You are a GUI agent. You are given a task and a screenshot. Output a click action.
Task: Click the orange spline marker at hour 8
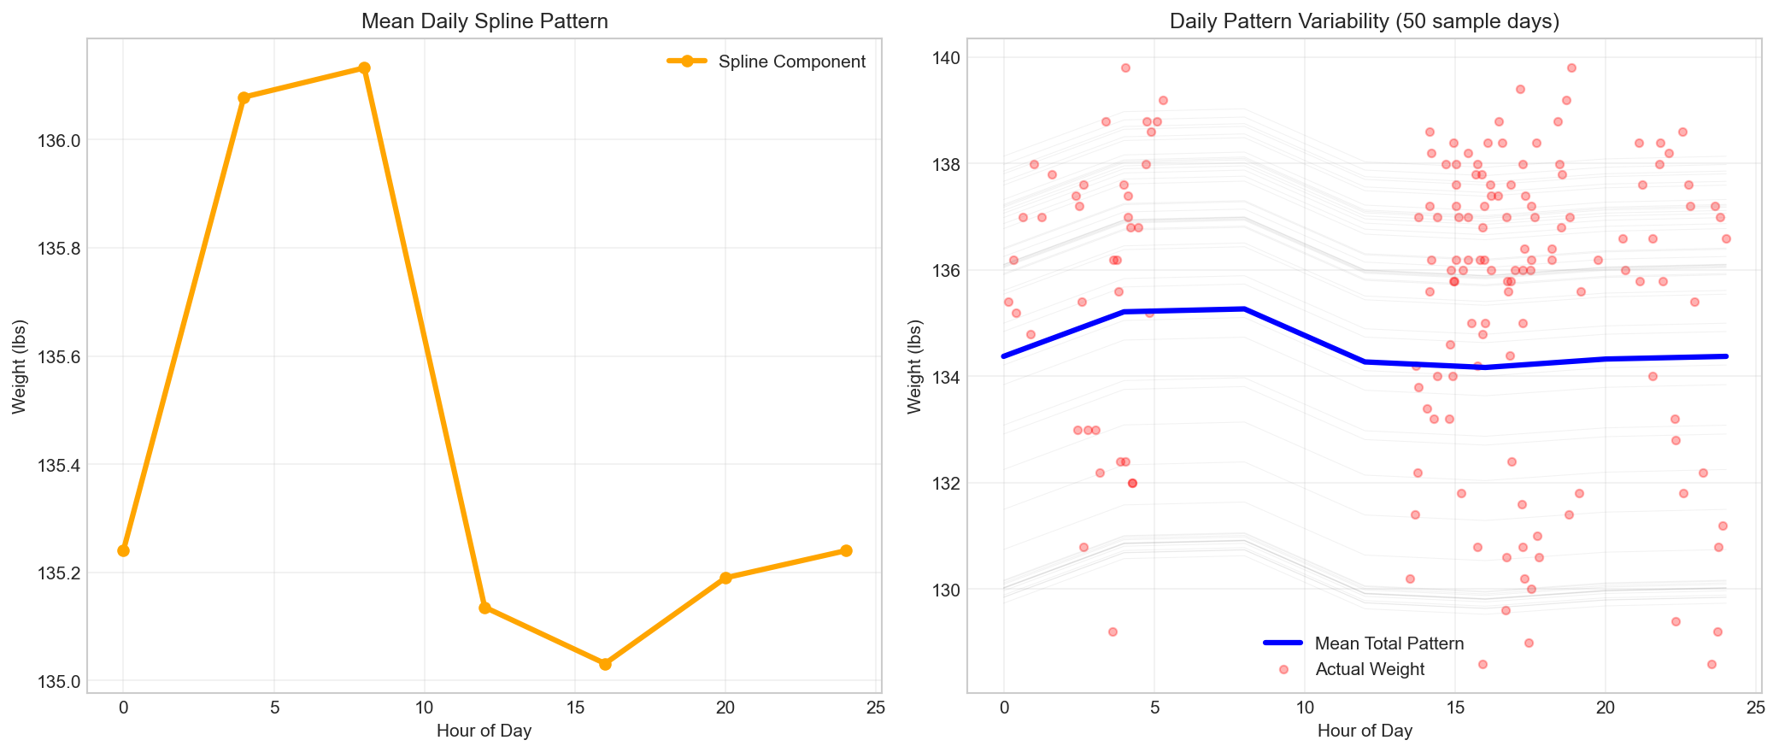pos(364,68)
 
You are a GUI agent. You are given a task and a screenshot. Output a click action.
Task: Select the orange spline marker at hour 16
pos(605,664)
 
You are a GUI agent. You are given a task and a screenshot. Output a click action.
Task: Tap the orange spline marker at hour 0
pos(123,550)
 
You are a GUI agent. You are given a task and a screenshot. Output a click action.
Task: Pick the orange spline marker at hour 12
pos(484,608)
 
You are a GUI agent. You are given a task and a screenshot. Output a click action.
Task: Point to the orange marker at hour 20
pos(725,578)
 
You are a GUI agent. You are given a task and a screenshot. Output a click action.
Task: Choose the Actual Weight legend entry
pos(1370,669)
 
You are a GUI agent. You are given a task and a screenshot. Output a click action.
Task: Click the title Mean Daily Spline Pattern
pos(484,21)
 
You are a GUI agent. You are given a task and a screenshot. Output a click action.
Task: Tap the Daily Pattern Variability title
pos(1365,21)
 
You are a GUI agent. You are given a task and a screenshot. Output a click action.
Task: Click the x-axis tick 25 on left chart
pos(876,707)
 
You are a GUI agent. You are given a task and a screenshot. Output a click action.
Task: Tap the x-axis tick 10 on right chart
pos(1305,707)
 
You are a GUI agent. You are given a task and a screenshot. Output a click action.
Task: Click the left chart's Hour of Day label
pos(484,731)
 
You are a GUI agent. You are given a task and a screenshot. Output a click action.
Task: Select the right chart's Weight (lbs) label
pos(915,366)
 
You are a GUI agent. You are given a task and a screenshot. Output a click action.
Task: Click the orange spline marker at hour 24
pos(846,550)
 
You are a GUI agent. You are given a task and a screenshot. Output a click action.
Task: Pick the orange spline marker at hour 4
pos(244,97)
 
